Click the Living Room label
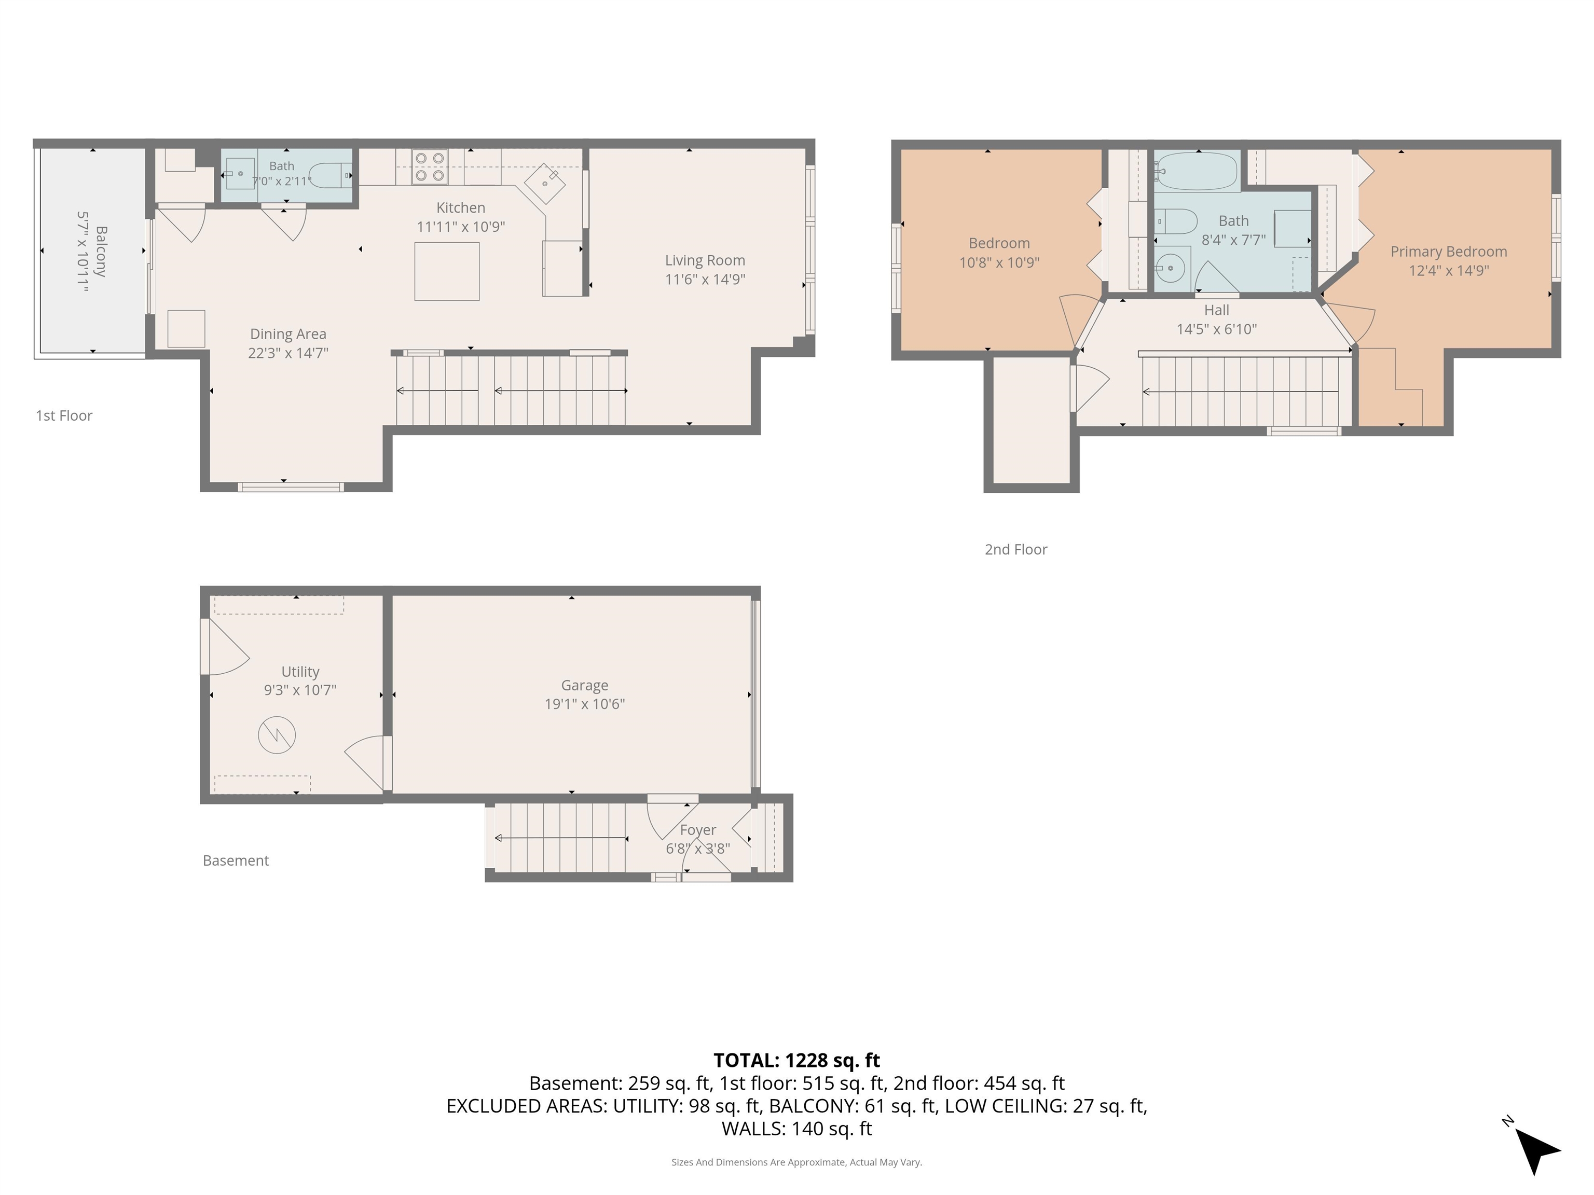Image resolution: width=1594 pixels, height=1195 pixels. tap(705, 260)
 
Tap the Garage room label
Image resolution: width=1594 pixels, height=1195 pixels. tap(584, 685)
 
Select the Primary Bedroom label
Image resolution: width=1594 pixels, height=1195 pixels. tap(1448, 252)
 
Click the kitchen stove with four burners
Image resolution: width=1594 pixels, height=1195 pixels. tap(430, 166)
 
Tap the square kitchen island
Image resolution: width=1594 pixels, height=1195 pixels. tap(447, 271)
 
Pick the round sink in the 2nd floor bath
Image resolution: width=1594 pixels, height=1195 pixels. tap(1170, 269)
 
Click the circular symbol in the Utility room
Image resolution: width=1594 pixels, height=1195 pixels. tap(277, 735)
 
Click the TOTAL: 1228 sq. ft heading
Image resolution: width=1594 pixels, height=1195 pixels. tap(796, 1060)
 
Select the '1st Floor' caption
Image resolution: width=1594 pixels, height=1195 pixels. tap(64, 415)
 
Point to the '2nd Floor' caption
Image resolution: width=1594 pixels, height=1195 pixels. tap(1016, 550)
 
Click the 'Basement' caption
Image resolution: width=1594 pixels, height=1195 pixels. tap(236, 861)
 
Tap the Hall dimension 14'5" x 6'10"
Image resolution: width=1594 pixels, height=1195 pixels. tap(1216, 329)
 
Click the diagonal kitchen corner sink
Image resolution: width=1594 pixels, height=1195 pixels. tap(545, 184)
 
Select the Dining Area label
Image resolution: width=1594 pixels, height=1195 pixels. tap(288, 334)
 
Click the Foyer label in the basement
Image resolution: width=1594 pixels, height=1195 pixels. tap(697, 830)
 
